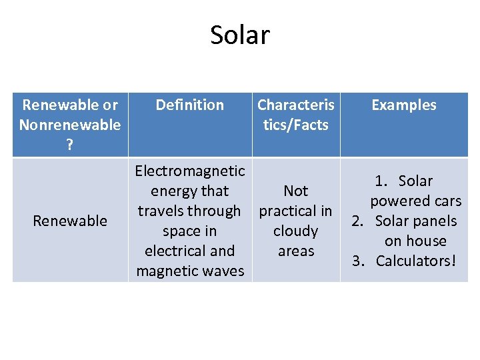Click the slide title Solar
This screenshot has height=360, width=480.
coord(240,35)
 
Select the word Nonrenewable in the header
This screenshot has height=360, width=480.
coord(70,125)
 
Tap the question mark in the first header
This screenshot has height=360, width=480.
coord(70,145)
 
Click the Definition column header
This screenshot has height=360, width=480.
coord(189,105)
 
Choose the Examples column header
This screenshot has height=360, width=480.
coord(403,105)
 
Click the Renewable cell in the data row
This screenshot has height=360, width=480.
coord(70,221)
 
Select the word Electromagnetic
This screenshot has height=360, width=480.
coord(189,171)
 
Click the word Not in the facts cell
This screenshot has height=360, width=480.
coord(295,191)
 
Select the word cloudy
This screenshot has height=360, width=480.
coord(295,231)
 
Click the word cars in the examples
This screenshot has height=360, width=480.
coord(446,201)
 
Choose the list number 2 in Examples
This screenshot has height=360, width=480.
coord(357,221)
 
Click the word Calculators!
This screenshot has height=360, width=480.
coord(416,261)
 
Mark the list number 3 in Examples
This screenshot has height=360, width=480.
coord(357,261)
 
